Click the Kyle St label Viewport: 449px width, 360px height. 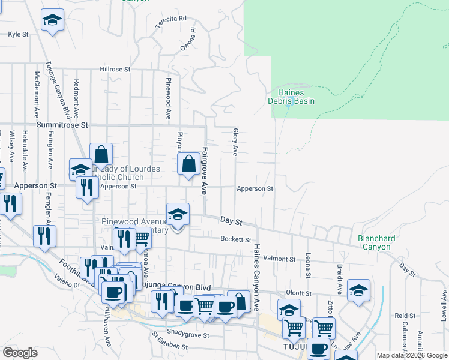tap(18, 35)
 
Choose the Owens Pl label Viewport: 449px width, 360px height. tap(188, 38)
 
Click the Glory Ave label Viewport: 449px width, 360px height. tap(235, 142)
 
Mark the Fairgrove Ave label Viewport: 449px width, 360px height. tap(204, 170)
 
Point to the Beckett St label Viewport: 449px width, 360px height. tap(235, 239)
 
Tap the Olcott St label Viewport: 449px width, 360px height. tap(298, 293)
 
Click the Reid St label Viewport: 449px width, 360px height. tap(405, 316)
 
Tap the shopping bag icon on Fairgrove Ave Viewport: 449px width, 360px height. tap(188, 163)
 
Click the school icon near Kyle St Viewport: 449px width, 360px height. tap(53, 20)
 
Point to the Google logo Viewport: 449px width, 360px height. tap(20, 353)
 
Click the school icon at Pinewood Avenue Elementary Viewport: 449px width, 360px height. tap(178, 214)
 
